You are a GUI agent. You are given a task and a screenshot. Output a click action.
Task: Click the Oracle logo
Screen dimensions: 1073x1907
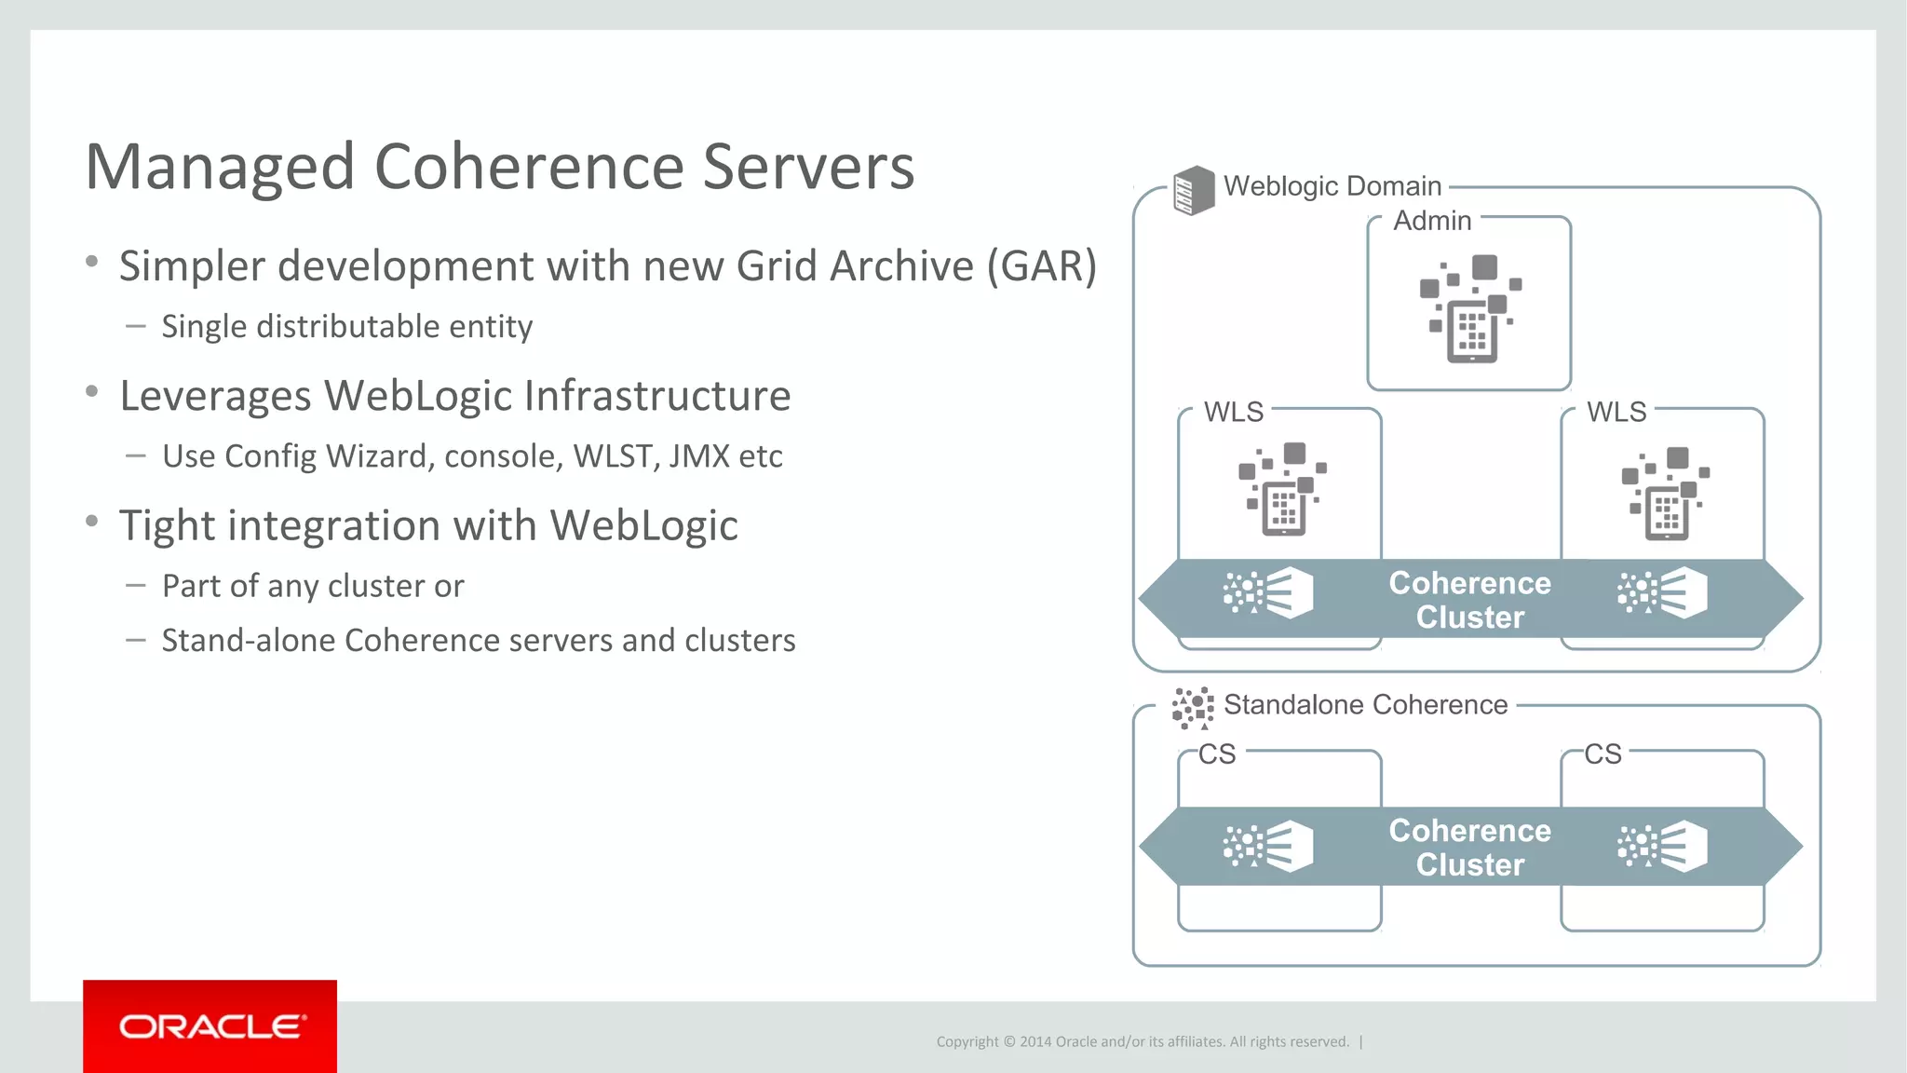click(210, 1026)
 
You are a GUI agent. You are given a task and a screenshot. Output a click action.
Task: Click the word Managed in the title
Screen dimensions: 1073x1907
click(221, 168)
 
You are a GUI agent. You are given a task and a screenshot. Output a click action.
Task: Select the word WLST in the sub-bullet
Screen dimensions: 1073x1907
click(614, 456)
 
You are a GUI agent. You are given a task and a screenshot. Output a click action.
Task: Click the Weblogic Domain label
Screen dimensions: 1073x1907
click(1332, 186)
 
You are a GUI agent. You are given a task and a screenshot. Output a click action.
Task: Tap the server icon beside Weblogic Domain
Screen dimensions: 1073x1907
click(1194, 190)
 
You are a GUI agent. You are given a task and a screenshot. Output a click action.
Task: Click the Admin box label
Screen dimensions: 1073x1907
click(1432, 221)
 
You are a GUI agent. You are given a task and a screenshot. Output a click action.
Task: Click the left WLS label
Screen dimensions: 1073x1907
click(1233, 412)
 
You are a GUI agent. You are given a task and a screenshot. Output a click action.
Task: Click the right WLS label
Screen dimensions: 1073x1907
click(1616, 412)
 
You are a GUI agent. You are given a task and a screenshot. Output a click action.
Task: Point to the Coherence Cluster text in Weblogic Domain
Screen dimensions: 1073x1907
click(1469, 600)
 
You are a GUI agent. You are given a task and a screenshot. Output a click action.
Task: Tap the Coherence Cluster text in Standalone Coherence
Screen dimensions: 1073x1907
click(1469, 848)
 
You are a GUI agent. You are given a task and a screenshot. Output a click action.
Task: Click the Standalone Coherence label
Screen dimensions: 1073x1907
click(1365, 705)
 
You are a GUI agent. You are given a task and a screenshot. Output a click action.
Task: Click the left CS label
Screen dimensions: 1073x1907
click(1216, 754)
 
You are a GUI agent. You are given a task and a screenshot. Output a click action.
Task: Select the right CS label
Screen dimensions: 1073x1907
click(1603, 754)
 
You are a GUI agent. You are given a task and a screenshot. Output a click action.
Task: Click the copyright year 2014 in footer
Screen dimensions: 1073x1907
click(1035, 1041)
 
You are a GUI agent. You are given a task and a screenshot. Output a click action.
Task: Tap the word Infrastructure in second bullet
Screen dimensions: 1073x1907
click(656, 396)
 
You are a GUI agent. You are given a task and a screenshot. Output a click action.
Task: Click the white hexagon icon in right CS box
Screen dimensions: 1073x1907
click(1684, 847)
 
